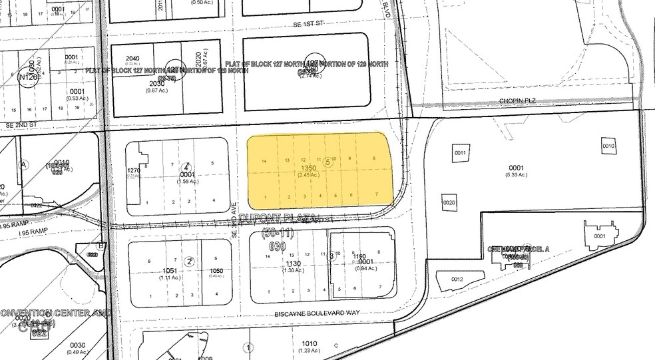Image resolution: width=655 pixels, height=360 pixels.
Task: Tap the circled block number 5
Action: [x=327, y=161]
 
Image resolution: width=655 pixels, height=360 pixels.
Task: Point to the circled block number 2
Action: [x=190, y=262]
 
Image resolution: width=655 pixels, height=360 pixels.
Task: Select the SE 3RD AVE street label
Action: [x=235, y=222]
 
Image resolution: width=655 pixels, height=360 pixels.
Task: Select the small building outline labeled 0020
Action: [x=449, y=202]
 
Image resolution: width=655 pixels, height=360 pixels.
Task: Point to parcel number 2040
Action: [x=133, y=59]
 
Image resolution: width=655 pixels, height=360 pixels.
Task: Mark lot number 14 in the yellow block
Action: [x=264, y=161]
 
